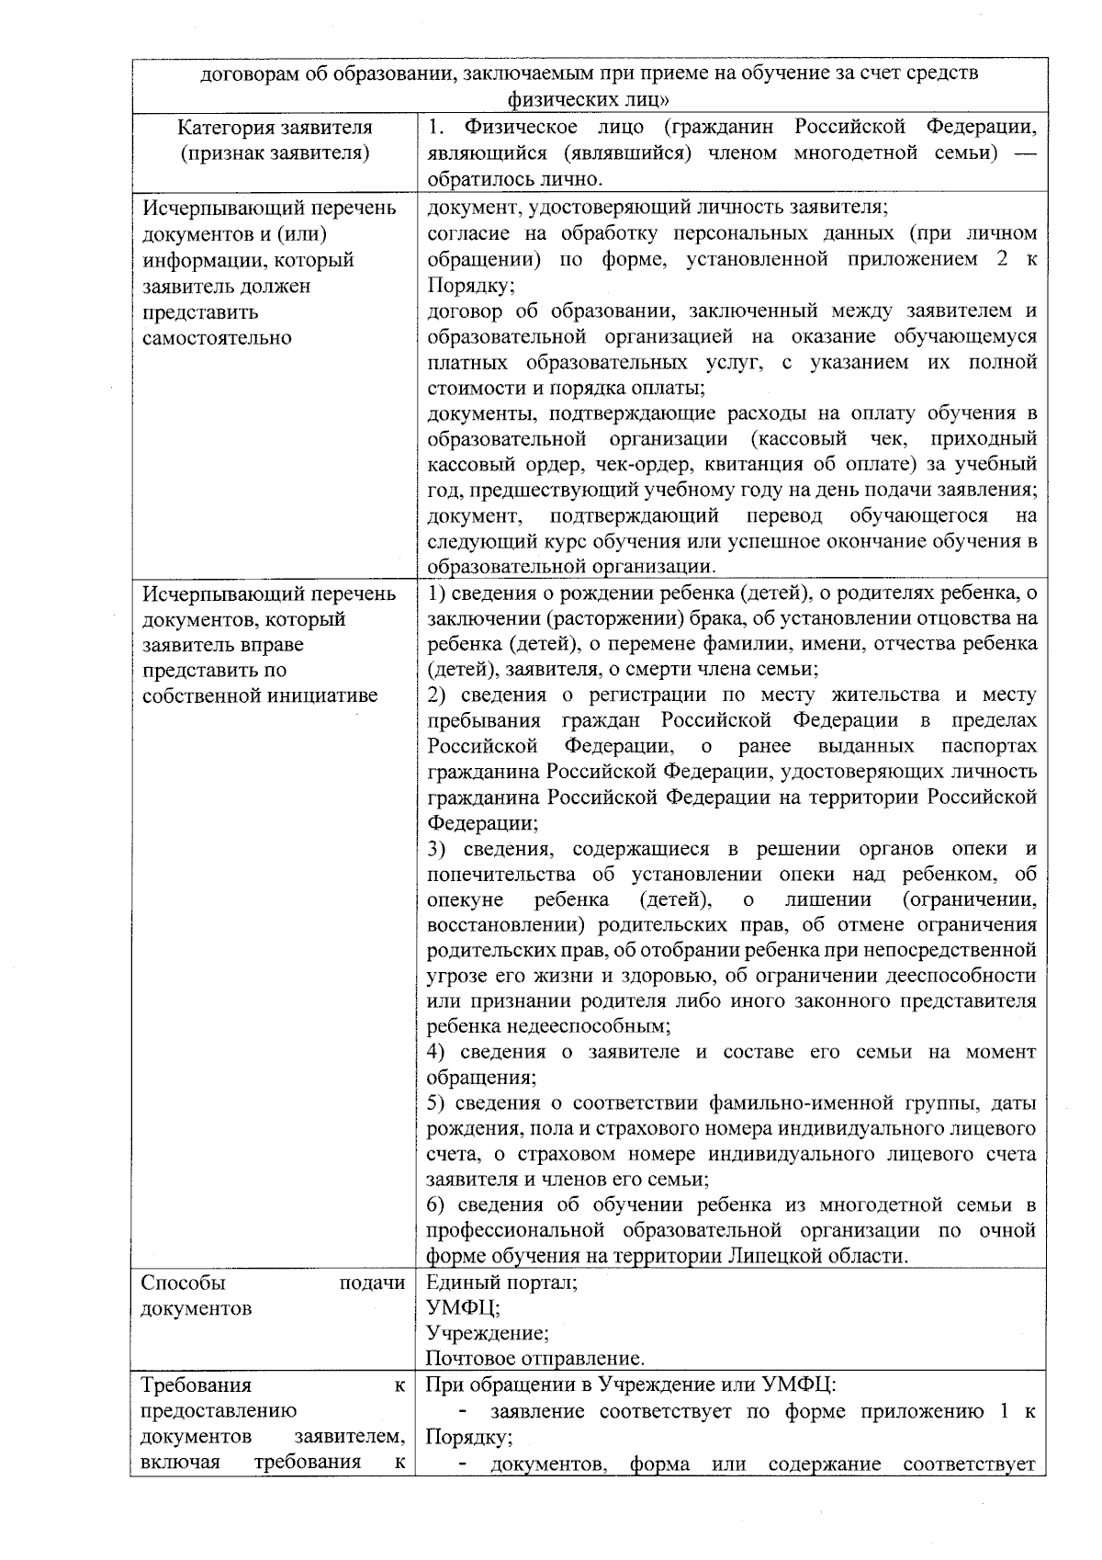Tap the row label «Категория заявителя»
point(275,127)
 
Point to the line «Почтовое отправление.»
point(535,1359)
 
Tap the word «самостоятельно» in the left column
point(217,337)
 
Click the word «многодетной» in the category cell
point(855,153)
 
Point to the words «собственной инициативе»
point(259,695)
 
